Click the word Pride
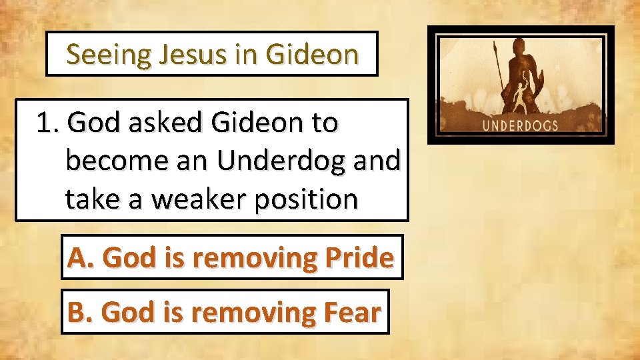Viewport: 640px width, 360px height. point(363,257)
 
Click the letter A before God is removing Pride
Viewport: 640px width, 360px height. point(77,257)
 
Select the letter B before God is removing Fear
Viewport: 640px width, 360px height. point(77,312)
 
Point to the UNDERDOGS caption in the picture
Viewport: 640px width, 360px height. point(521,125)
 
